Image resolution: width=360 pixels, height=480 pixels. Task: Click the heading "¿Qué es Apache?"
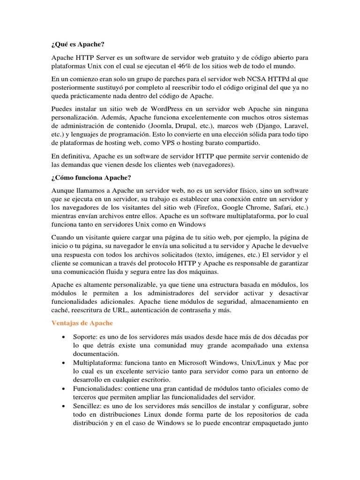(77, 45)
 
